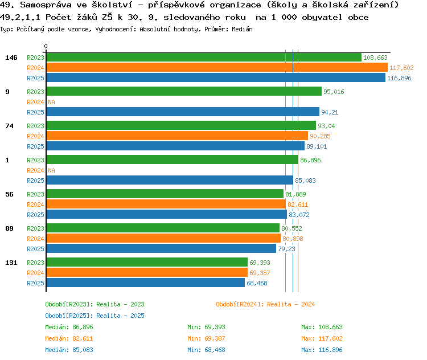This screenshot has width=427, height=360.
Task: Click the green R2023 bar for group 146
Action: click(x=204, y=58)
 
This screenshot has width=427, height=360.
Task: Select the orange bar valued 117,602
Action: click(x=217, y=68)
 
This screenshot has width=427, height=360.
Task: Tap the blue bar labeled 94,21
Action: click(x=183, y=112)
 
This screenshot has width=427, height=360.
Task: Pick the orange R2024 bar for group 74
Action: click(x=177, y=136)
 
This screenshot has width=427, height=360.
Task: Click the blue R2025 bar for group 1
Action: click(x=170, y=181)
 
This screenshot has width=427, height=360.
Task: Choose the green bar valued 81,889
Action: click(x=165, y=194)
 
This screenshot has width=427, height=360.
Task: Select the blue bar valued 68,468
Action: click(x=146, y=283)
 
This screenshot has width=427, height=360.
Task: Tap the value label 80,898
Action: click(x=293, y=239)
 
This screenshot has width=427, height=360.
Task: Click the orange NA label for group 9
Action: click(x=51, y=102)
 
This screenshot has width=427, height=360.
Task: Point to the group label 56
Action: click(x=9, y=194)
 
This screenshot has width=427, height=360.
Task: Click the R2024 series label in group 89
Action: click(x=35, y=239)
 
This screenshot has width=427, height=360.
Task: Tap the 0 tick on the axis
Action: click(x=46, y=46)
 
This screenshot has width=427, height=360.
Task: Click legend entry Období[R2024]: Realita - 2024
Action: click(x=265, y=304)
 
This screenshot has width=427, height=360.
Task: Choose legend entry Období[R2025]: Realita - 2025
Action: click(x=95, y=316)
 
